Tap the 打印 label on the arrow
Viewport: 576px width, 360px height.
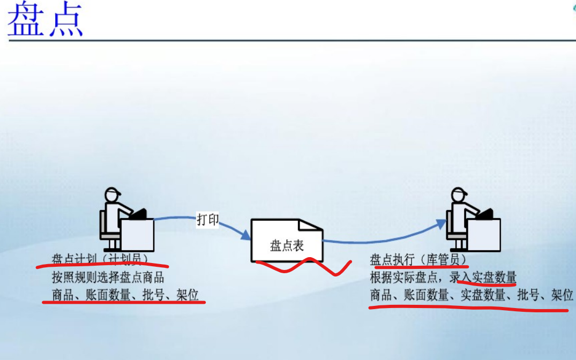point(208,220)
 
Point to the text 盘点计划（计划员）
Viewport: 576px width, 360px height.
point(100,260)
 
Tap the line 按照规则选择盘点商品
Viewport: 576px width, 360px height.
point(108,277)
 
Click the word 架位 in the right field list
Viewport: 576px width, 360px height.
point(562,295)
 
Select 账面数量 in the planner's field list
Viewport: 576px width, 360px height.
point(102,295)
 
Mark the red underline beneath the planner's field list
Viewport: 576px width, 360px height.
point(123,303)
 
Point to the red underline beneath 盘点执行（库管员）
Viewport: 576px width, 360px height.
point(421,266)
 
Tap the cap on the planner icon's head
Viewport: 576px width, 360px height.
point(113,192)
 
